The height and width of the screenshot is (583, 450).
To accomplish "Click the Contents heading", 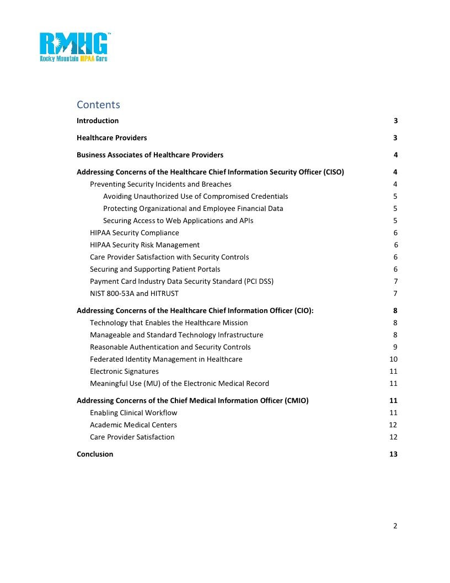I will tap(98, 105).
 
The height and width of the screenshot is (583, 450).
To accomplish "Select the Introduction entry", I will tap(98, 121).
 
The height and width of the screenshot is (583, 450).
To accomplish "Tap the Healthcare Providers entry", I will tap(112, 138).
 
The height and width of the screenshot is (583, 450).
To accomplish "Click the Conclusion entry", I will tap(95, 454).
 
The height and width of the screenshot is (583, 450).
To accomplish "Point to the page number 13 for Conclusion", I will tap(393, 454).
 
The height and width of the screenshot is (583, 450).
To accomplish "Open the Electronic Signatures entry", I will tap(124, 372).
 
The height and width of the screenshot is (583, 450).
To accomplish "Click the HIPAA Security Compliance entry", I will tap(135, 233).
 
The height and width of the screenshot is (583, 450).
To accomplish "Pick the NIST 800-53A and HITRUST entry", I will tap(134, 294).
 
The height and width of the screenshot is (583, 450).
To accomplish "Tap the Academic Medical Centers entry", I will tap(133, 425).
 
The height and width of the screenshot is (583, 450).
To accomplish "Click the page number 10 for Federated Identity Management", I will tap(393, 359).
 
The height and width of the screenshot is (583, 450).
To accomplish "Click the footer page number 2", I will tap(395, 526).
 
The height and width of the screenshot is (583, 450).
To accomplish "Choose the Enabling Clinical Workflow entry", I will tap(133, 413).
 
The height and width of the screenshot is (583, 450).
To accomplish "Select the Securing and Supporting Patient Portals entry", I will tap(155, 269).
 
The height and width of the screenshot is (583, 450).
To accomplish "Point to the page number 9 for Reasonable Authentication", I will tap(395, 347).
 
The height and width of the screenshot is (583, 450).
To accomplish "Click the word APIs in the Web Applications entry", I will tap(245, 221).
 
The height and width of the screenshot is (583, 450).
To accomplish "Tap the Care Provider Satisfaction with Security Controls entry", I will tap(169, 257).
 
